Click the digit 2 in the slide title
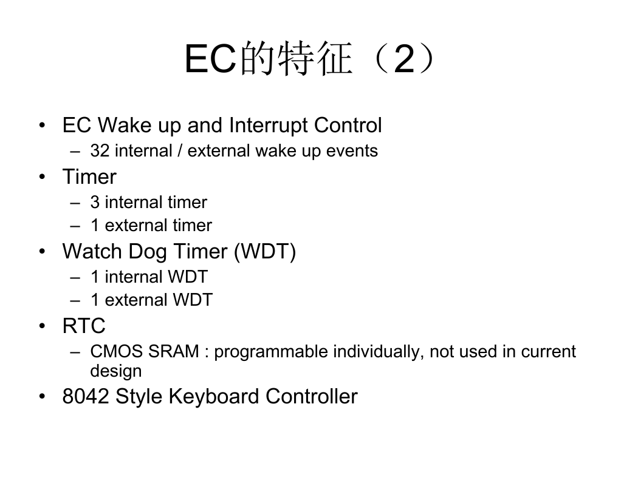pyautogui.click(x=404, y=59)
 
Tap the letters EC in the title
pyautogui.click(x=211, y=59)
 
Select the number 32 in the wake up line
pyautogui.click(x=100, y=150)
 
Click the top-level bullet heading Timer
pyautogui.click(x=89, y=177)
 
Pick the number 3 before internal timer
pyautogui.click(x=95, y=202)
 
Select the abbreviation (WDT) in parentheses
pyautogui.click(x=265, y=252)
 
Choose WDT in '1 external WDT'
pyautogui.click(x=193, y=300)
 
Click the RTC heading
pyautogui.click(x=84, y=326)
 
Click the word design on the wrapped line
pyautogui.click(x=116, y=371)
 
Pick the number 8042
pyautogui.click(x=86, y=397)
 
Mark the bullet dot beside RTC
pyautogui.click(x=43, y=326)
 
